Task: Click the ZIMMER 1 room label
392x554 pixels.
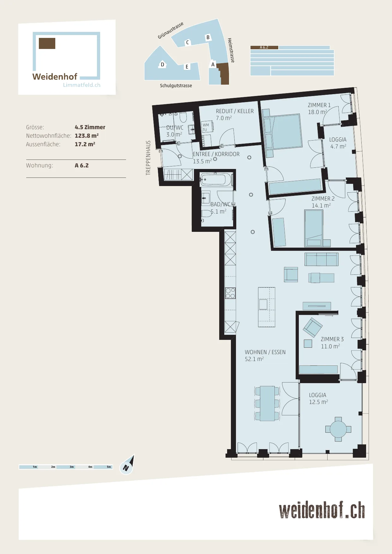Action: coord(319,105)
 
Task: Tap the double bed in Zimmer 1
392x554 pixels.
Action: coord(282,132)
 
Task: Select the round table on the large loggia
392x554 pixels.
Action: coord(338,429)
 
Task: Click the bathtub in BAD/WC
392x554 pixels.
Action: coord(216,179)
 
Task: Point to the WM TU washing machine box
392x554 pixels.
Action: coord(207,127)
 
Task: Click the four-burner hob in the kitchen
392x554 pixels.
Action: coord(230,293)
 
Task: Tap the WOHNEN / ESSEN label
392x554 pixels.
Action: coord(265,352)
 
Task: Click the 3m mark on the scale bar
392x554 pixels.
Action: coord(72,467)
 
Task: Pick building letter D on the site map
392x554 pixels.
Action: coord(162,65)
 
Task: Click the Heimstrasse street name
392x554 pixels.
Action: coord(231,50)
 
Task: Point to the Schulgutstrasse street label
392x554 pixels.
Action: coord(176,86)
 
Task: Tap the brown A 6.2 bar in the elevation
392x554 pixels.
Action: coord(264,47)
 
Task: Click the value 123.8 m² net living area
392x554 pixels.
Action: coord(87,136)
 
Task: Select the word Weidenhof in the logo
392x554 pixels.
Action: coord(55,77)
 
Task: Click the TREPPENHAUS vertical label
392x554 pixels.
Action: coord(148,158)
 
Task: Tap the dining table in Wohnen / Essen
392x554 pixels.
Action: coord(267,404)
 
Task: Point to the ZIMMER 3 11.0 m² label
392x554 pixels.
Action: coord(332,343)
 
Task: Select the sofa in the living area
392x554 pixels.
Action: coord(322,259)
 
